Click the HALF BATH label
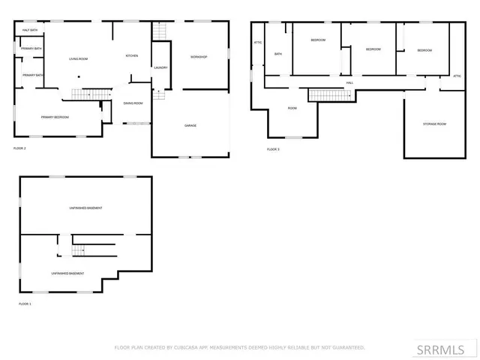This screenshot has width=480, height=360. [x=31, y=30]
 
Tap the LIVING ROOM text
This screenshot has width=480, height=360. [x=79, y=58]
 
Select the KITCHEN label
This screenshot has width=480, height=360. [x=132, y=56]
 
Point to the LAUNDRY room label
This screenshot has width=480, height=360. [x=160, y=68]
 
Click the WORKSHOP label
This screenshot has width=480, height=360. [x=199, y=57]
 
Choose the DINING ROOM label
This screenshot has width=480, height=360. [x=133, y=103]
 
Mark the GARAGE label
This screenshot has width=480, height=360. [x=190, y=125]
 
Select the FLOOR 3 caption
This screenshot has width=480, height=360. [x=273, y=149]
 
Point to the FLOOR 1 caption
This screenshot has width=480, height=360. [x=25, y=304]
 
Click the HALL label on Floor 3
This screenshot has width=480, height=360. [x=349, y=82]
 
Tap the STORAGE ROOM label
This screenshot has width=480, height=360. [x=434, y=124]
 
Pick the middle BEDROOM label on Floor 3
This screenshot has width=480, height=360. [x=373, y=49]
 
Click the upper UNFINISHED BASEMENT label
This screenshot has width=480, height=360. [x=85, y=208]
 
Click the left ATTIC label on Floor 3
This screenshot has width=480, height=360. [x=258, y=43]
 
